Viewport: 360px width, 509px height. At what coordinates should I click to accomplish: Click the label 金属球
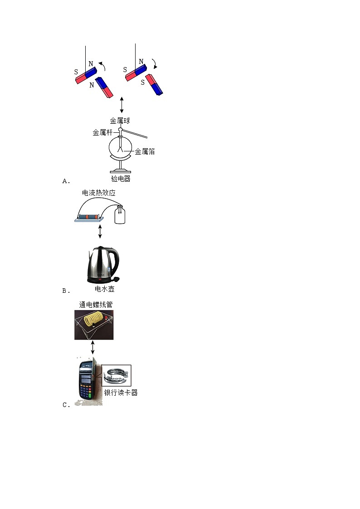tap(120, 121)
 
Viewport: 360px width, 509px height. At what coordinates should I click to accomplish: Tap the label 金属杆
tap(102, 133)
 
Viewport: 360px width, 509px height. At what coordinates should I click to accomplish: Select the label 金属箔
tap(145, 151)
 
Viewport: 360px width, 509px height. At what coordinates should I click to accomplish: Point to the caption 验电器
tap(121, 179)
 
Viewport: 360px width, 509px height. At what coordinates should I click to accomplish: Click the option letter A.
tap(65, 181)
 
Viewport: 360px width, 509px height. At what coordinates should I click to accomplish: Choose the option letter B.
tap(65, 291)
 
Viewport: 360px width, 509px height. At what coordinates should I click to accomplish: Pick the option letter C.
tap(65, 405)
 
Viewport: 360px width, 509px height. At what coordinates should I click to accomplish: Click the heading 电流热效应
tap(99, 193)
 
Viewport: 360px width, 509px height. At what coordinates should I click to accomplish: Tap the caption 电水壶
tap(104, 289)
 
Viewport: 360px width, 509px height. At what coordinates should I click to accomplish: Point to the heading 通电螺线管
tap(96, 305)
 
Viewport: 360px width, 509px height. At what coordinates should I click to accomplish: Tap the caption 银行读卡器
tap(121, 393)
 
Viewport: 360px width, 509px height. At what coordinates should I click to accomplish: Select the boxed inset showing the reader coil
tap(116, 376)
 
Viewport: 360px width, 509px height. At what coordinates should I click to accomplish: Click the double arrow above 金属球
tap(122, 105)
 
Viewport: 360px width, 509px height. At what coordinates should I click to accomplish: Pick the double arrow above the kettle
tap(100, 231)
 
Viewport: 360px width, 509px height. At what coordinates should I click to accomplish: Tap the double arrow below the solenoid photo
tap(93, 348)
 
